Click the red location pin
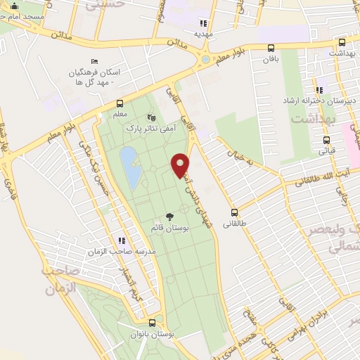click(181, 165)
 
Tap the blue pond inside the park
click(129, 167)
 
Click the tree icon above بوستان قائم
click(169, 217)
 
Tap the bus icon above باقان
click(272, 48)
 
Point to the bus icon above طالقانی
click(234, 212)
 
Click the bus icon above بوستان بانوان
click(153, 324)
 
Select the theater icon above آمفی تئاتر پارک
click(150, 117)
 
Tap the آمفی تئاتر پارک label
click(150, 129)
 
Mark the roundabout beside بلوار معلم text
click(205, 59)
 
